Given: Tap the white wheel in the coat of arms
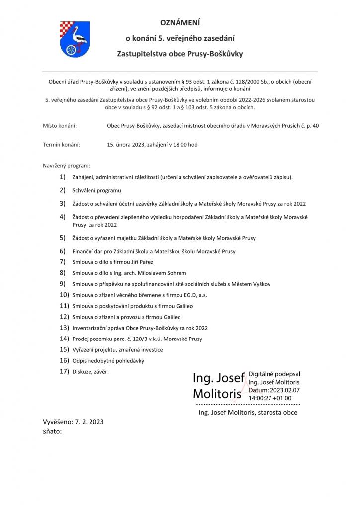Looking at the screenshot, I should [72, 49].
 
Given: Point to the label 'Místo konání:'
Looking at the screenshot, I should [60, 126].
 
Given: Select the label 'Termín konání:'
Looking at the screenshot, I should [62, 145].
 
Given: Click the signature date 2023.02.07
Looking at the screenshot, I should [285, 390].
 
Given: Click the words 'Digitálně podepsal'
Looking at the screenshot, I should [274, 374].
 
